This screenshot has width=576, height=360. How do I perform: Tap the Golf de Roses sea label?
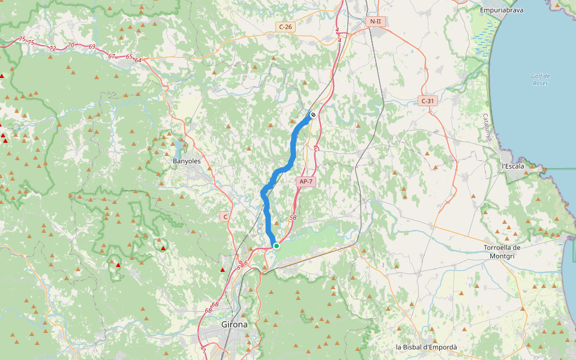540,79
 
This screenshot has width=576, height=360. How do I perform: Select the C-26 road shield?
285,26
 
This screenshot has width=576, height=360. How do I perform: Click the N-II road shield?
376,22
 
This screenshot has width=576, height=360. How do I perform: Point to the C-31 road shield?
428,101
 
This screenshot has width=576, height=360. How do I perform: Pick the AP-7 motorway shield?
305,181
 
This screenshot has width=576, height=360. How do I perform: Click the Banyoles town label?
186,161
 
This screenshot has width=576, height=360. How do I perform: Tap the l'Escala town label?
512,166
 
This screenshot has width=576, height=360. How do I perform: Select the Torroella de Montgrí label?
502,251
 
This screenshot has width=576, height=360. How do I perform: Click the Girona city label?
234,324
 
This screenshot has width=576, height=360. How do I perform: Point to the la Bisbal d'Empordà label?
426,347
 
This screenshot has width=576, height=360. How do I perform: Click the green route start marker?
276,246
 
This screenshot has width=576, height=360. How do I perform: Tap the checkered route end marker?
313,115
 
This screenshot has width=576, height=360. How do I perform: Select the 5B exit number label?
293,218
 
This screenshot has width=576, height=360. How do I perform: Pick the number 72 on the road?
53,48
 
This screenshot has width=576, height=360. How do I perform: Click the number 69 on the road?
92,46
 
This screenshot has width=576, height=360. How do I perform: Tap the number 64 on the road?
138,60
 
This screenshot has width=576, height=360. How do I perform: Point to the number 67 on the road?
112,56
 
